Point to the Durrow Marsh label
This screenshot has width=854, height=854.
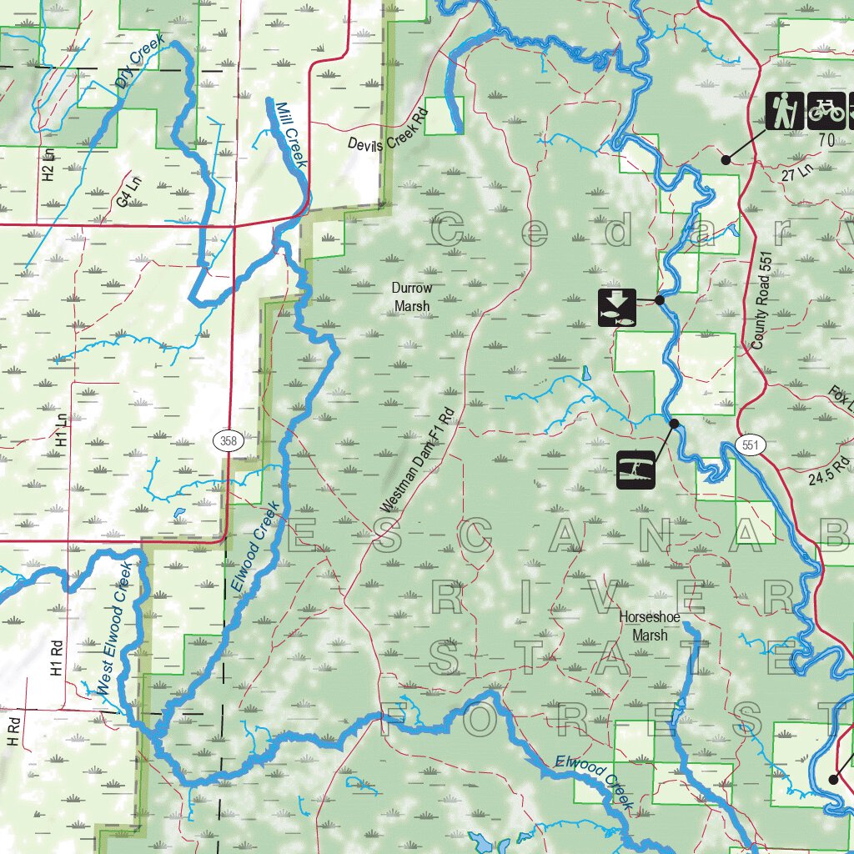[x=412, y=297]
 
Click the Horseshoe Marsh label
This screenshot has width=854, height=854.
[x=649, y=626]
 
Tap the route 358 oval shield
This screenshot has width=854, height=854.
[x=227, y=440]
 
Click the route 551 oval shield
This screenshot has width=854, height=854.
[x=751, y=445]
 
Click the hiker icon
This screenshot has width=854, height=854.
[x=784, y=110]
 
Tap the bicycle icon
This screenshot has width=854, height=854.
[x=826, y=110]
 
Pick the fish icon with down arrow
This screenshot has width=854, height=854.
[x=617, y=307]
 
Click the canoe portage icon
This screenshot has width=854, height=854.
[x=635, y=470]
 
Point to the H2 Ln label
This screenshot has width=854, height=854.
[x=48, y=165]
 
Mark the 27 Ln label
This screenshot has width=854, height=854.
[x=796, y=171]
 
